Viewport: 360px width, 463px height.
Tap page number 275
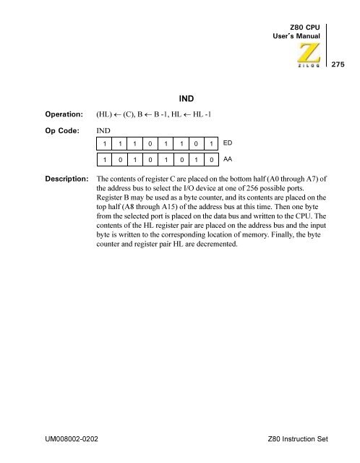coord(342,65)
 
